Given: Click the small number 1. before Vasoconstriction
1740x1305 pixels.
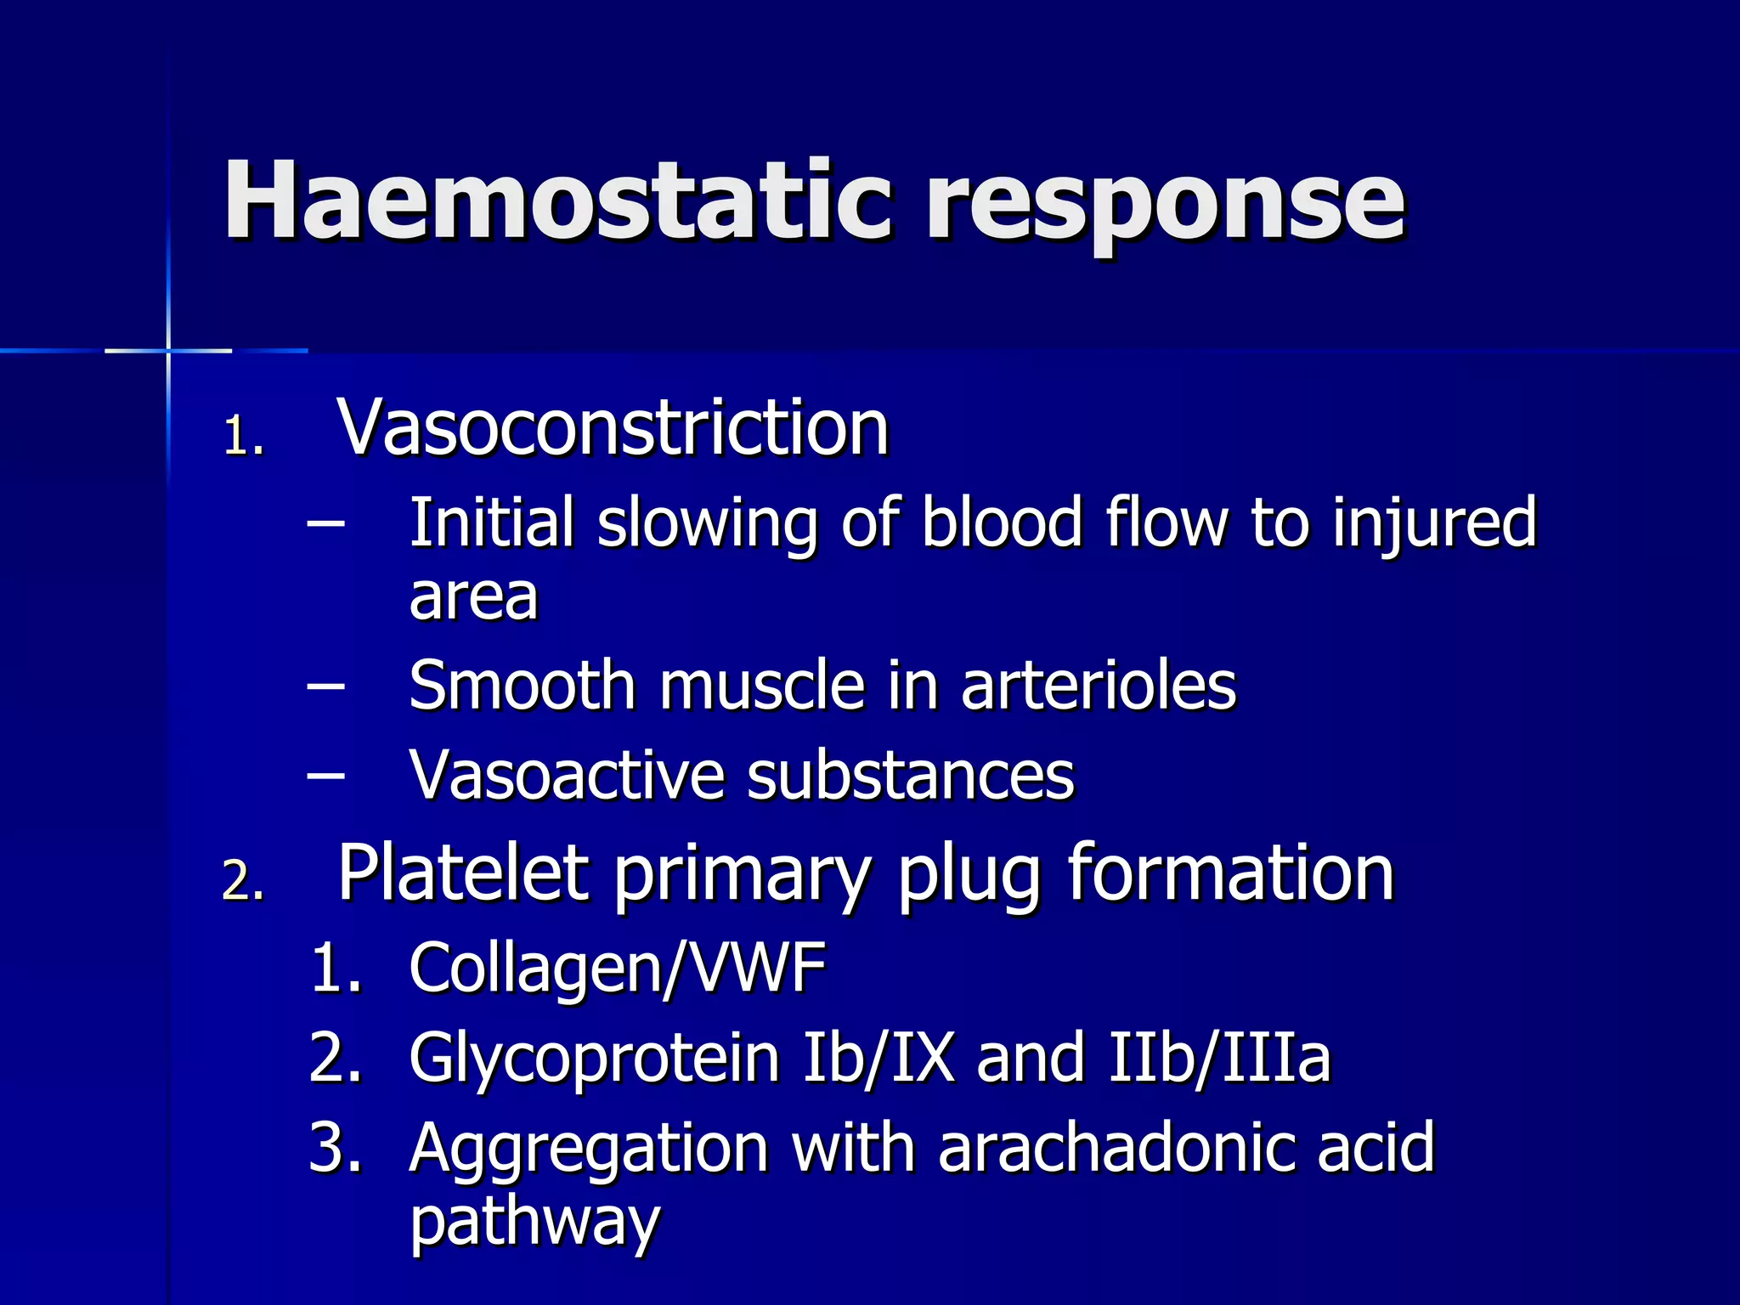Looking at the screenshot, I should point(243,437).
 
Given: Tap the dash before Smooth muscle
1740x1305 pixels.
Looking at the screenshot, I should point(326,685).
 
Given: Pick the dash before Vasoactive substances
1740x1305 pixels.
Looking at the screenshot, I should point(326,775).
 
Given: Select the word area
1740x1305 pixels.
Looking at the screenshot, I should point(473,596).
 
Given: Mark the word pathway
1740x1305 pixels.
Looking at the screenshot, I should point(534,1222).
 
